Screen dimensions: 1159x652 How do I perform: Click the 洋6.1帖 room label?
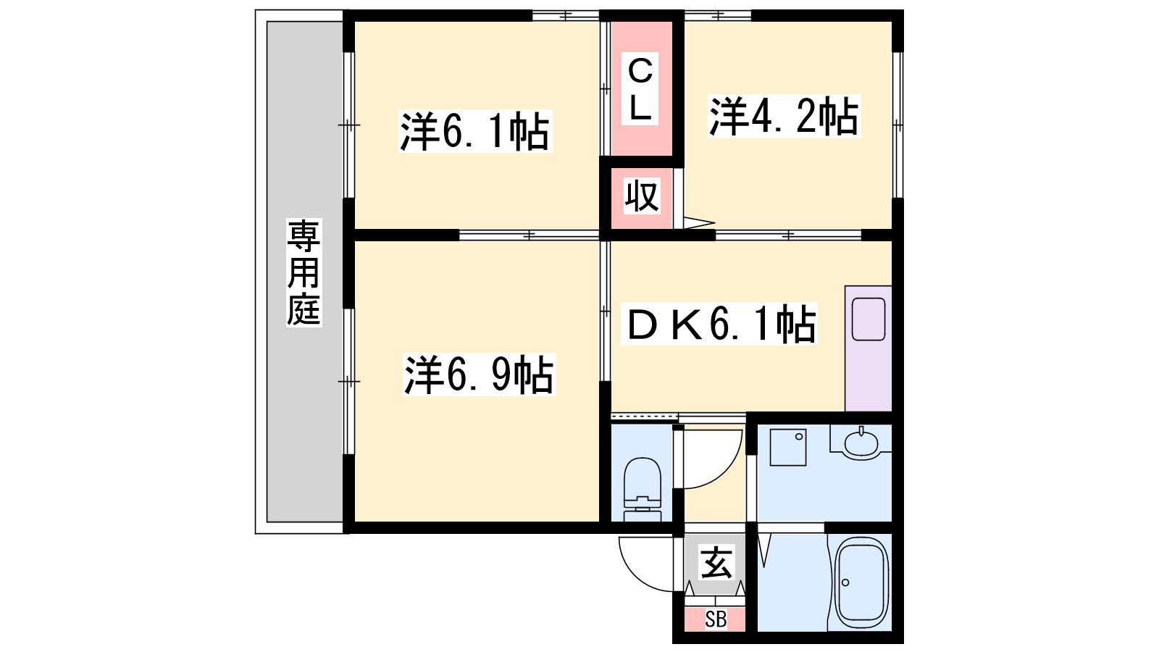pyautogui.click(x=475, y=131)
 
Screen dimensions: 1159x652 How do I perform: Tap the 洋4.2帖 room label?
pyautogui.click(x=784, y=117)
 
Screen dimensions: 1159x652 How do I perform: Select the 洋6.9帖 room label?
pyautogui.click(x=479, y=374)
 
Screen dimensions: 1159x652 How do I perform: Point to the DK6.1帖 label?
pyautogui.click(x=719, y=324)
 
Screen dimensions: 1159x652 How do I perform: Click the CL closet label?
pyautogui.click(x=640, y=88)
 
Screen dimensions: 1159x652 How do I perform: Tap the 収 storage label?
pyautogui.click(x=642, y=196)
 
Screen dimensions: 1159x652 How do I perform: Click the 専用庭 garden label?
pyautogui.click(x=304, y=272)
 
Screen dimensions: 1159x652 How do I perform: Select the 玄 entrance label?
pyautogui.click(x=716, y=562)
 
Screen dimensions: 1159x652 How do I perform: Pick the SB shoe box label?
pyautogui.click(x=716, y=619)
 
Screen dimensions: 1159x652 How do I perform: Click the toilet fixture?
pyautogui.click(x=643, y=489)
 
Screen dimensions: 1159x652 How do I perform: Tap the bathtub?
pyautogui.click(x=861, y=582)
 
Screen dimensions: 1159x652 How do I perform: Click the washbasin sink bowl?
pyautogui.click(x=861, y=443)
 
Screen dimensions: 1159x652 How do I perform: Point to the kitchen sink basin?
pyautogui.click(x=869, y=319)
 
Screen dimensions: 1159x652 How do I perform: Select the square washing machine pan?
pyautogui.click(x=788, y=447)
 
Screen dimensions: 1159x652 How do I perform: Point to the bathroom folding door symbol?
pyautogui.click(x=763, y=548)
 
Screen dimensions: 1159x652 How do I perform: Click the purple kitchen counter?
pyautogui.click(x=869, y=348)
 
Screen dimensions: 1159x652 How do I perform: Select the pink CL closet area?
pyautogui.click(x=642, y=88)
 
